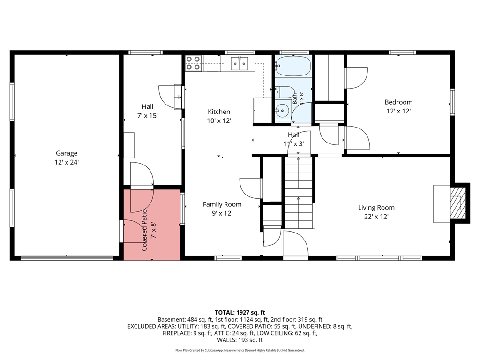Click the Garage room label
(67, 153)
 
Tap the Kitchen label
(219, 112)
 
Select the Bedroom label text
(398, 102)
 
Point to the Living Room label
(376, 208)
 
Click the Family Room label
(222, 204)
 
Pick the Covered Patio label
(144, 230)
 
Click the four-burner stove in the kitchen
(193, 63)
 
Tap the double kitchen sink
(240, 63)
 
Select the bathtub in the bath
(293, 65)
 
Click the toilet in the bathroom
(285, 92)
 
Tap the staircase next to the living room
(298, 192)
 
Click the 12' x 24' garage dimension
(67, 162)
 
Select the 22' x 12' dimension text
(376, 217)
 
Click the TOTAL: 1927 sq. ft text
(240, 313)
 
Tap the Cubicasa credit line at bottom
(240, 350)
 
